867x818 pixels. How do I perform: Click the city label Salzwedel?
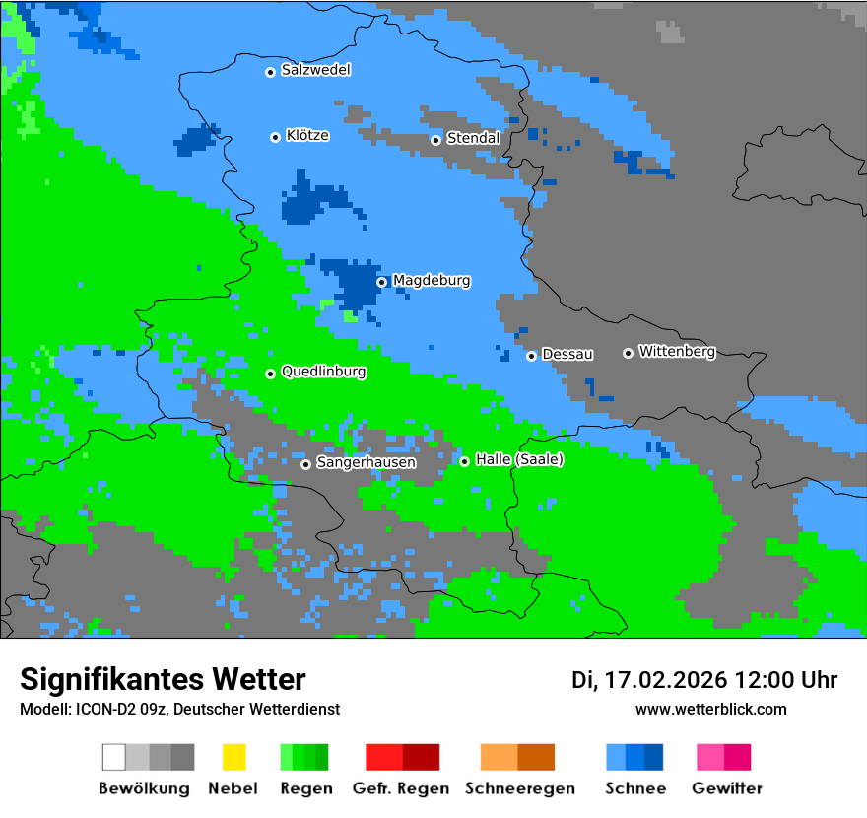pos(315,70)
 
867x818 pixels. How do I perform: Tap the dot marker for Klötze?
pos(275,137)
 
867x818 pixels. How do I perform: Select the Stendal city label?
pos(473,138)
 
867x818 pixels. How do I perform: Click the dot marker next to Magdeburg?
pos(382,282)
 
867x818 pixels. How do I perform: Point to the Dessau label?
pos(567,354)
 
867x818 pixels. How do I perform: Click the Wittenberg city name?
pos(677,351)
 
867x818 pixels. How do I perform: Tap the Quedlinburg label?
pos(323,372)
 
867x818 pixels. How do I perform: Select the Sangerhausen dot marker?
pos(305,464)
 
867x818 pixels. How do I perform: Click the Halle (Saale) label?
pos(519,459)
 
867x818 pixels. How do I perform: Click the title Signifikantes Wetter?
pos(163,679)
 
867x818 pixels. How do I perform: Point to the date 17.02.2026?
pos(665,680)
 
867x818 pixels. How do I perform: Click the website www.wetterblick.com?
pos(710,709)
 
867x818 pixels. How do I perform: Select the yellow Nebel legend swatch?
pos(233,757)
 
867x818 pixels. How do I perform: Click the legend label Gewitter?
pos(727,788)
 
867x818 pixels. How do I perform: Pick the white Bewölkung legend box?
pos(114,757)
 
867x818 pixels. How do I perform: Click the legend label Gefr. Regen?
pos(401,788)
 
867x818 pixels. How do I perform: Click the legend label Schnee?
pos(635,788)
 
